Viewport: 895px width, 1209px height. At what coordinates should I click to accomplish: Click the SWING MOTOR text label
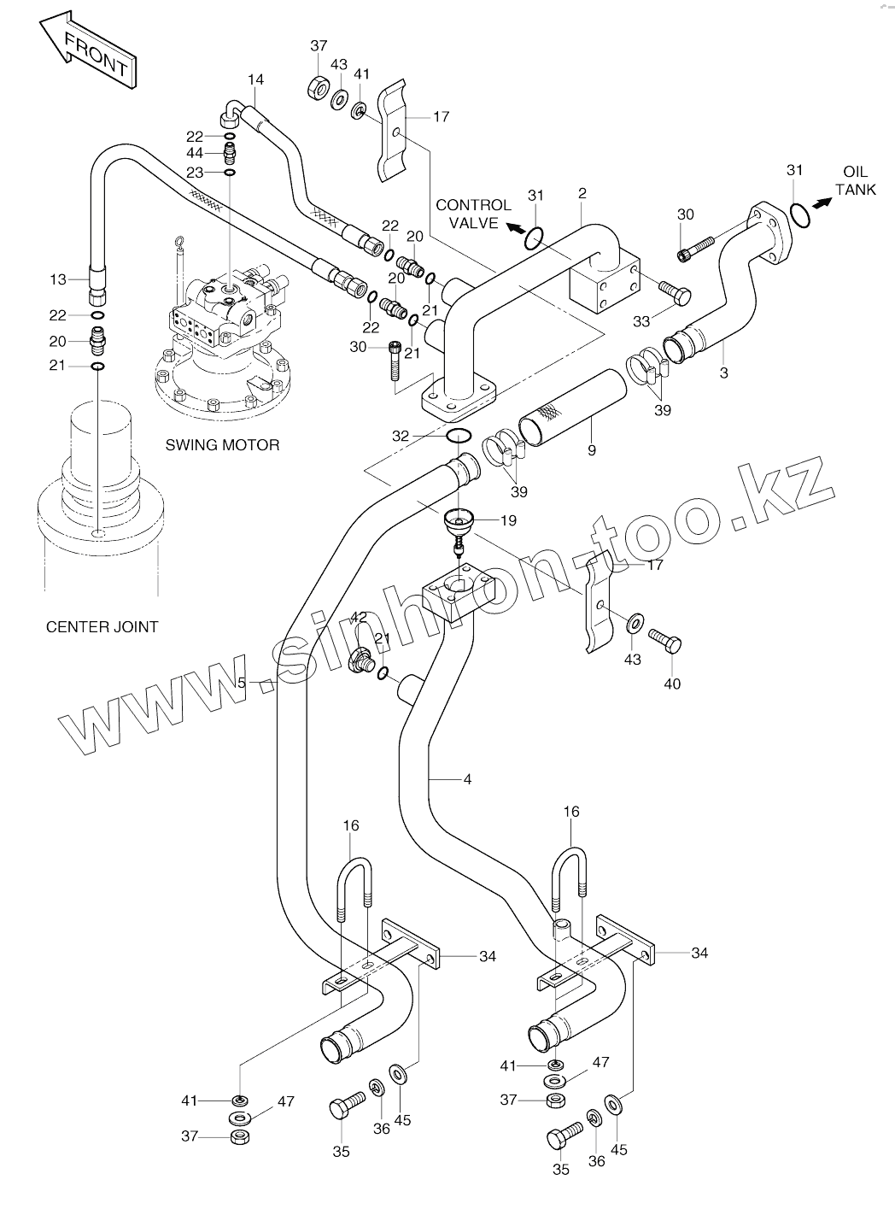pyautogui.click(x=222, y=445)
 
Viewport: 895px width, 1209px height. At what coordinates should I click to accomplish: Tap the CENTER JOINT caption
pyautogui.click(x=102, y=626)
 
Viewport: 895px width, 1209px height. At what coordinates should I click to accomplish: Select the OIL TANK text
pyautogui.click(x=855, y=181)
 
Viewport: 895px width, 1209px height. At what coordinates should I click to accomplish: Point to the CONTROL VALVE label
pyautogui.click(x=473, y=214)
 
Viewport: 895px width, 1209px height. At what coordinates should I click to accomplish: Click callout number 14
pyautogui.click(x=256, y=79)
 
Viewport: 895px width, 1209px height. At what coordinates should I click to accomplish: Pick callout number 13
pyautogui.click(x=58, y=279)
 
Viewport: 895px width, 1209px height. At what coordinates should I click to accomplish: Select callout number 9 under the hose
pyautogui.click(x=591, y=449)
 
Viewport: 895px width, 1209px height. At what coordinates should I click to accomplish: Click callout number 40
pyautogui.click(x=672, y=684)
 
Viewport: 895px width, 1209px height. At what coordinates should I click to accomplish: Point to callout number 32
pyautogui.click(x=401, y=436)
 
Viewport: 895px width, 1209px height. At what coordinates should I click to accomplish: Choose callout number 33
pyautogui.click(x=641, y=321)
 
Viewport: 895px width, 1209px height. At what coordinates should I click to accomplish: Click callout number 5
pyautogui.click(x=242, y=683)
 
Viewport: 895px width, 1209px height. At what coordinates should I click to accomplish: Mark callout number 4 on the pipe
pyautogui.click(x=467, y=779)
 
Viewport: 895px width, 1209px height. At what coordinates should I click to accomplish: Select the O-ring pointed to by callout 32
pyautogui.click(x=458, y=437)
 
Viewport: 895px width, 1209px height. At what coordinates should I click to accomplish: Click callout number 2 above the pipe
pyautogui.click(x=582, y=193)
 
